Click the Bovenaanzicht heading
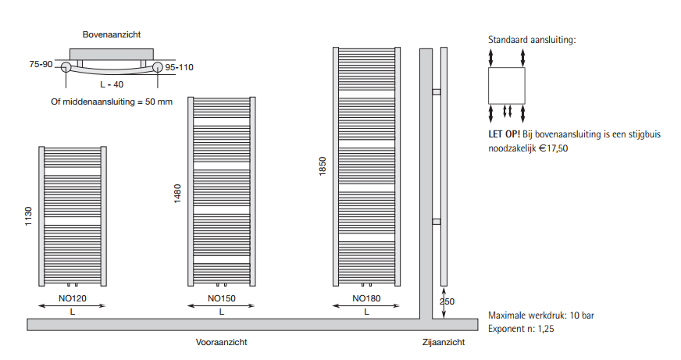(x=112, y=34)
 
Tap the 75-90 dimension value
(x=41, y=64)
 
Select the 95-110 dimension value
(x=179, y=67)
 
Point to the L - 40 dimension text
(x=112, y=84)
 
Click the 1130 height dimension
(x=28, y=216)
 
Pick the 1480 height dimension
(x=177, y=194)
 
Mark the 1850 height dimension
(x=323, y=166)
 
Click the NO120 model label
(x=73, y=298)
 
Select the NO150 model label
(x=222, y=298)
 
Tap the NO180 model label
(x=366, y=298)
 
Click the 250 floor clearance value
(x=447, y=301)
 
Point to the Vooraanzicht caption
(x=222, y=342)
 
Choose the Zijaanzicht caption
(x=444, y=342)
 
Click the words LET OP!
(x=504, y=134)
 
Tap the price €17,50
(x=553, y=148)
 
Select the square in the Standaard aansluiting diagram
(x=507, y=86)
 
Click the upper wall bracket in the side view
(x=437, y=92)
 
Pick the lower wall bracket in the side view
(x=437, y=222)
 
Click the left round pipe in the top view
(x=66, y=67)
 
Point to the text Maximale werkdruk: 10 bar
(x=541, y=315)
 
